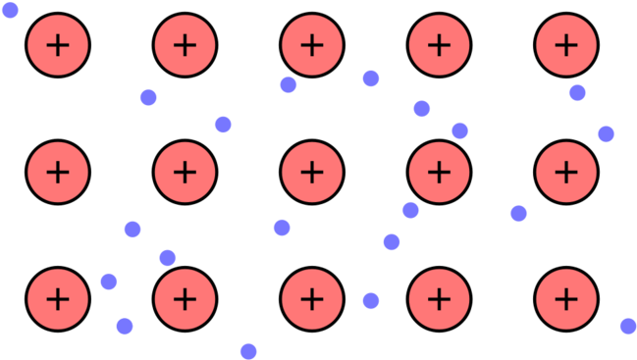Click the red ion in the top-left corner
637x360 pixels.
(x=58, y=44)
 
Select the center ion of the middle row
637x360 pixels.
(x=312, y=172)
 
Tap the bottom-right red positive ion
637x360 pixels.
(x=566, y=298)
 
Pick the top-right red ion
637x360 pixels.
(x=566, y=44)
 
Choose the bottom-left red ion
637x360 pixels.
(x=58, y=298)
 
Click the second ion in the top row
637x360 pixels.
(x=185, y=44)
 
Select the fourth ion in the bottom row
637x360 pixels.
(x=439, y=298)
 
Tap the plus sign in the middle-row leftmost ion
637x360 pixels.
(x=58, y=172)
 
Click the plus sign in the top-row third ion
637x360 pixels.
(x=312, y=44)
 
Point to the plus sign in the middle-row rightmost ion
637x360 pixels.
(x=566, y=172)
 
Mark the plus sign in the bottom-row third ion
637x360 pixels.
(x=312, y=298)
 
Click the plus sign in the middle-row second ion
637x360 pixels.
(x=185, y=172)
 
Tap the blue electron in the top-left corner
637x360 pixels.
(x=10, y=10)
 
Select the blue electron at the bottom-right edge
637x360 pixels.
(x=628, y=326)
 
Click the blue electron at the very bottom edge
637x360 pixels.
(x=248, y=351)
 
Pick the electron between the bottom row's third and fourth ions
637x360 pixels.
(x=371, y=300)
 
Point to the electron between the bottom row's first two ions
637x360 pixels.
(x=109, y=282)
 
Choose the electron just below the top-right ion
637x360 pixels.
(x=577, y=93)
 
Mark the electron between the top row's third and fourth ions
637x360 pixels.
(x=371, y=78)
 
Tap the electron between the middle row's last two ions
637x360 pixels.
(x=518, y=213)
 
